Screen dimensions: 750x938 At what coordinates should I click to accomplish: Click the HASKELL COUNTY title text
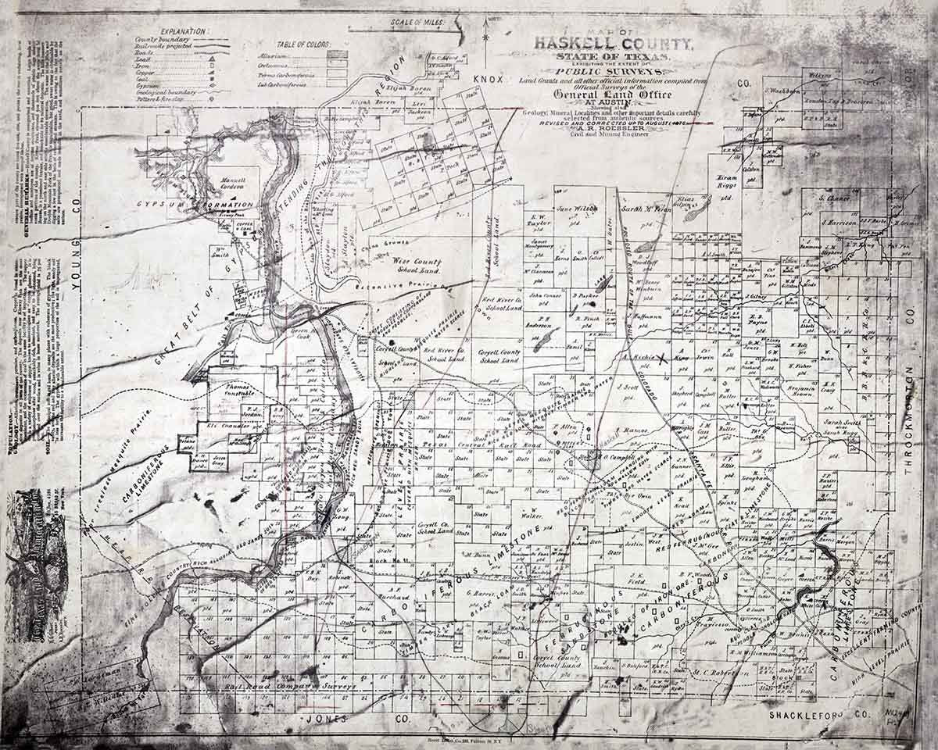610,45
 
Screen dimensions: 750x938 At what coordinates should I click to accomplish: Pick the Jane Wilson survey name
576,209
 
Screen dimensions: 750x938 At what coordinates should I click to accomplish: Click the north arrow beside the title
485,35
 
